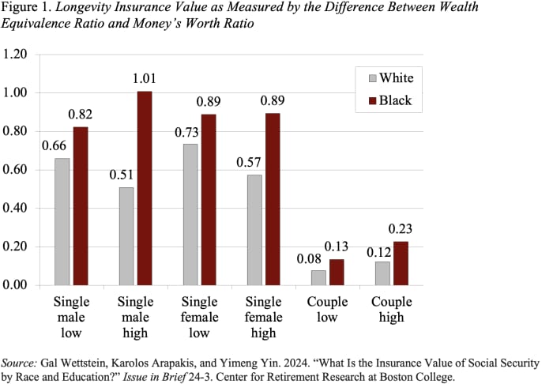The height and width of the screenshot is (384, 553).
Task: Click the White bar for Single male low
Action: [x=62, y=221]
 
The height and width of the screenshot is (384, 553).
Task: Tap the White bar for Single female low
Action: [x=190, y=214]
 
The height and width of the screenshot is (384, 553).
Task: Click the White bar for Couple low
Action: [x=318, y=277]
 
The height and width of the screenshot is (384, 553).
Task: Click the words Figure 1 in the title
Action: [x=26, y=10]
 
